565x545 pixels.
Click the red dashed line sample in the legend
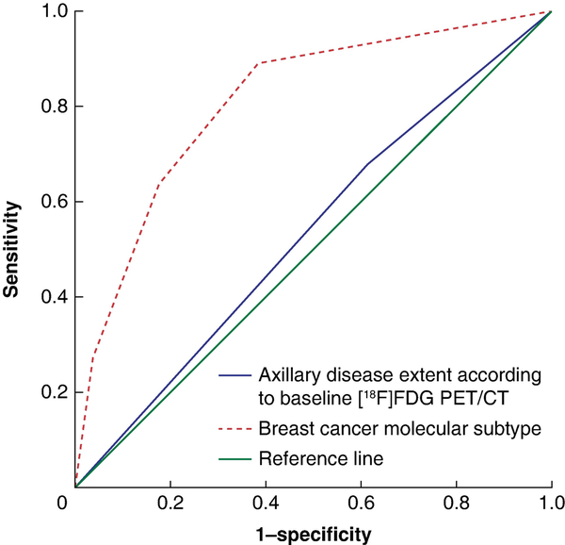pos(236,429)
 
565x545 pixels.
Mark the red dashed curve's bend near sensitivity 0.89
pos(258,63)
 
